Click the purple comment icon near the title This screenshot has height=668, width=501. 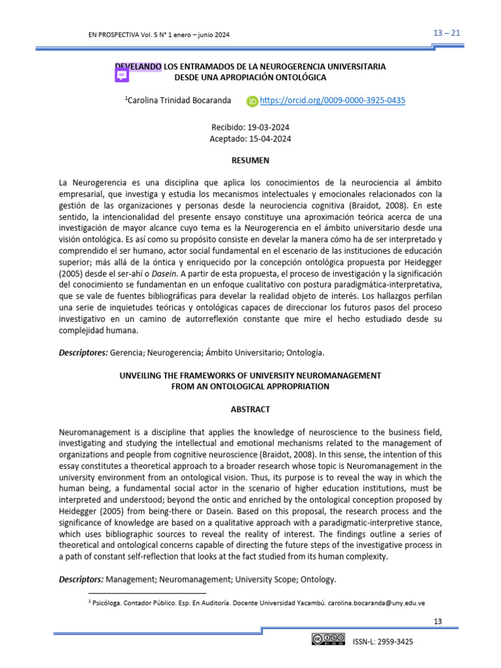[x=122, y=76]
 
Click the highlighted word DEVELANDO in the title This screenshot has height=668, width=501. [x=138, y=67]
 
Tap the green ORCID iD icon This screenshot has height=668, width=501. [x=252, y=101]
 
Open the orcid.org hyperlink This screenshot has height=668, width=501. [x=332, y=100]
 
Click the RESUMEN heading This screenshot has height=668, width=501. [x=250, y=160]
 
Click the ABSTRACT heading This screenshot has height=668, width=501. [x=250, y=409]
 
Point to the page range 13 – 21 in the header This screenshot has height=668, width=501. [x=447, y=34]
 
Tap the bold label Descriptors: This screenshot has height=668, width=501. [x=82, y=579]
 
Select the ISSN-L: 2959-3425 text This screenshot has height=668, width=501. [x=382, y=642]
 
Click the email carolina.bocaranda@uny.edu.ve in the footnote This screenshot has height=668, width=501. [x=376, y=603]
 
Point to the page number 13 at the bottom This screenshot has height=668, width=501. [x=438, y=621]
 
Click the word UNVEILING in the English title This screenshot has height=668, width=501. [x=140, y=376]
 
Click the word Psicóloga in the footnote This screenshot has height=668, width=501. [x=108, y=603]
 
